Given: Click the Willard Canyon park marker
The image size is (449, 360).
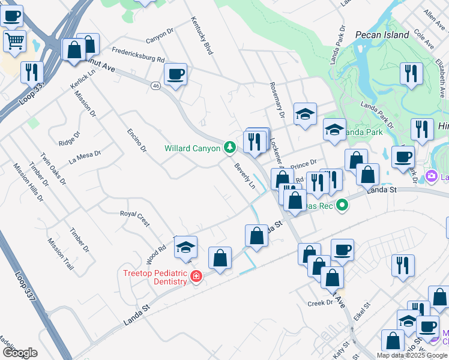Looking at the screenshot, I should pyautogui.click(x=229, y=147).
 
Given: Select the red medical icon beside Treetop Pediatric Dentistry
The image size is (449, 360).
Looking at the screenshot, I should pyautogui.click(x=196, y=276).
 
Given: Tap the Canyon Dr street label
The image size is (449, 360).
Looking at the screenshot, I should pyautogui.click(x=159, y=35).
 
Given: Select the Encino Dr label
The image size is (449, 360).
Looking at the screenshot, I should pyautogui.click(x=136, y=140).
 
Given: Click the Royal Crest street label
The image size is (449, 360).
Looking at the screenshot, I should pyautogui.click(x=134, y=218).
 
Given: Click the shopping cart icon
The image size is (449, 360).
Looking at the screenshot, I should pyautogui.click(x=15, y=41).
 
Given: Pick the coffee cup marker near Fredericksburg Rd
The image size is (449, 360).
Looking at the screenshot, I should pyautogui.click(x=175, y=74).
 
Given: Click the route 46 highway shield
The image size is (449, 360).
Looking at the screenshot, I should pyautogui.click(x=155, y=86).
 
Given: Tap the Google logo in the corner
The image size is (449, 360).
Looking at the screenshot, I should pyautogui.click(x=20, y=353).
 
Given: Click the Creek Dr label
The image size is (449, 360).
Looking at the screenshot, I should pyautogui.click(x=320, y=303).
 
